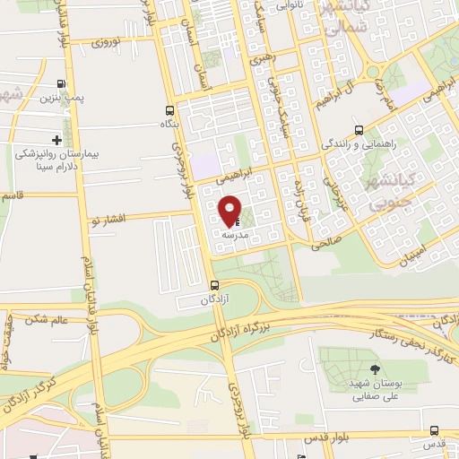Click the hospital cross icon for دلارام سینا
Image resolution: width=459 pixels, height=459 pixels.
pos(56,139)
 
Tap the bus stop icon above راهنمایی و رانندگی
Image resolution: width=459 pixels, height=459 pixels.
pos(359,129)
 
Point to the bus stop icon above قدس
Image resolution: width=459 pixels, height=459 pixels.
pos(434,432)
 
